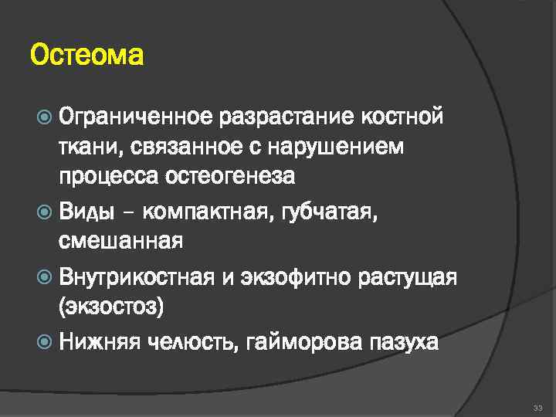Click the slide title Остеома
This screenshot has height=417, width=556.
(86, 56)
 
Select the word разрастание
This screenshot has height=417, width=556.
(286, 117)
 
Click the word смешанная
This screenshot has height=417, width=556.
(120, 242)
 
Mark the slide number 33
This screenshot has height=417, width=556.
(537, 407)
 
